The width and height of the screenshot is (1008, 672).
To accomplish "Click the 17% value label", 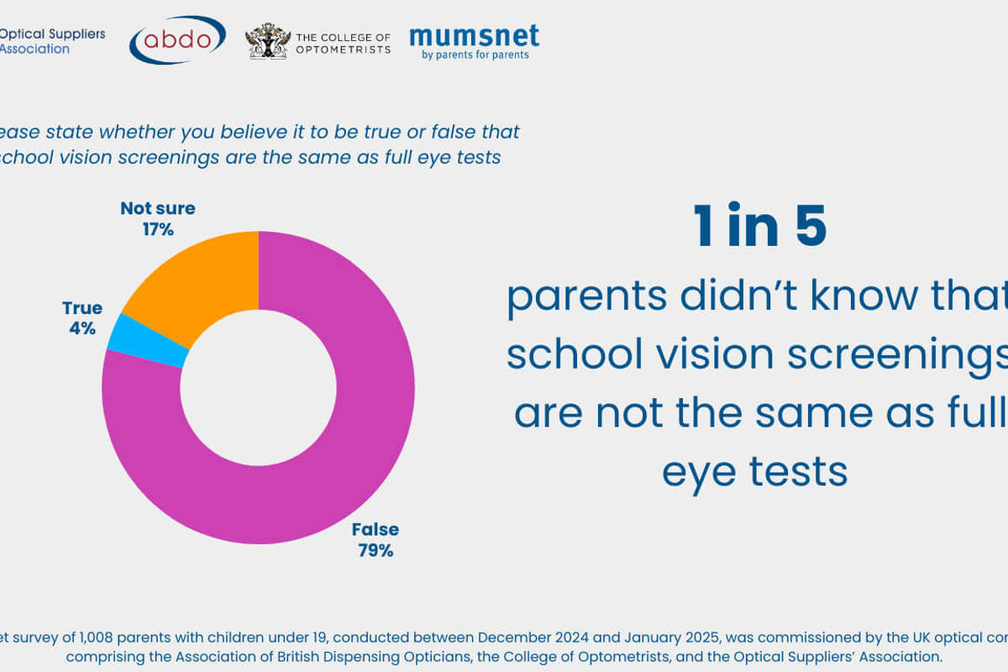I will (x=157, y=228).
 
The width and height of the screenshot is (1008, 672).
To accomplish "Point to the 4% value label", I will (x=81, y=328).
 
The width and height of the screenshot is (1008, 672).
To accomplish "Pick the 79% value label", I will (x=375, y=550).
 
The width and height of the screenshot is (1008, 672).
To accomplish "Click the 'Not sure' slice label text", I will (x=157, y=208).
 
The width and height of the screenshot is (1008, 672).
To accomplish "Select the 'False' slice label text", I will (x=375, y=530).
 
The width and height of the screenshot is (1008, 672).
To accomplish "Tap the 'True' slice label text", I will (x=81, y=308).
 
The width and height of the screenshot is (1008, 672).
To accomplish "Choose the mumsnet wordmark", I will (x=474, y=36).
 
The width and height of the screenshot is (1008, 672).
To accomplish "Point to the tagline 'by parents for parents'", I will (x=475, y=55).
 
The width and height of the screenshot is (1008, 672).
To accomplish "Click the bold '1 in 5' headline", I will (x=760, y=227).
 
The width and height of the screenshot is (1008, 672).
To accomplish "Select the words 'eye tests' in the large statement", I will (x=754, y=472).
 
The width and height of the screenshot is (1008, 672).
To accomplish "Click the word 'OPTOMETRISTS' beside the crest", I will (x=343, y=50).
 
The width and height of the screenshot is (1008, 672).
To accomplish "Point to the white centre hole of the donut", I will (x=258, y=387).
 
